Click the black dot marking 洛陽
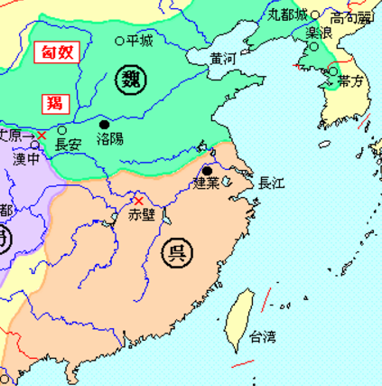pyautogui.click(x=104, y=124)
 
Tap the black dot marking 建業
pyautogui.click(x=208, y=170)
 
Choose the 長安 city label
pyautogui.click(x=68, y=145)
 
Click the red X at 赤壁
pyautogui.click(x=138, y=200)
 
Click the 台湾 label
pyautogui.click(x=263, y=338)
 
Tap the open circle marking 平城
pyautogui.click(x=120, y=41)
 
